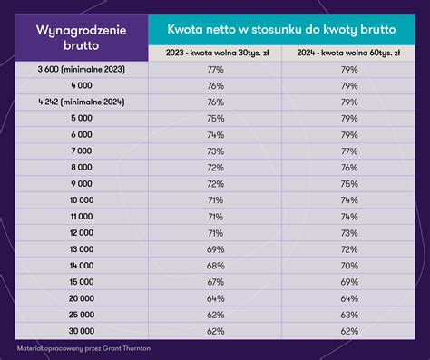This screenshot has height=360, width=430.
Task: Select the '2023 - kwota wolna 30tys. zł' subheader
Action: [x=215, y=53]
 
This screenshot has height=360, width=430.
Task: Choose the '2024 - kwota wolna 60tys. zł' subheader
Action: [x=348, y=53]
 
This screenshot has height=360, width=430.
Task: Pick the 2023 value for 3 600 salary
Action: [x=215, y=69]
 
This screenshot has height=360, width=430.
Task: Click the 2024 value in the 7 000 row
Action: [x=348, y=151]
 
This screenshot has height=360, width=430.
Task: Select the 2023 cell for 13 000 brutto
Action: [x=215, y=248]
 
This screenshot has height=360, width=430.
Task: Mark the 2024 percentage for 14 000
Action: [x=348, y=265]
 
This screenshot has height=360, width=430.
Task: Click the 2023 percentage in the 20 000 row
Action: [x=215, y=297]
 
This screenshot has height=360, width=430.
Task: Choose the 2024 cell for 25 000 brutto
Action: [x=348, y=314]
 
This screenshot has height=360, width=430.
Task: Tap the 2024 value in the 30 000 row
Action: [x=348, y=330]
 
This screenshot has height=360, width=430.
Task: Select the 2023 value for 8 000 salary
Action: [x=215, y=167]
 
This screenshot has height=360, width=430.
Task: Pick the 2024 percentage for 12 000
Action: [x=348, y=232]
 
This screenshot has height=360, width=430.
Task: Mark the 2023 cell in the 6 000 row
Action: [x=215, y=134]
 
